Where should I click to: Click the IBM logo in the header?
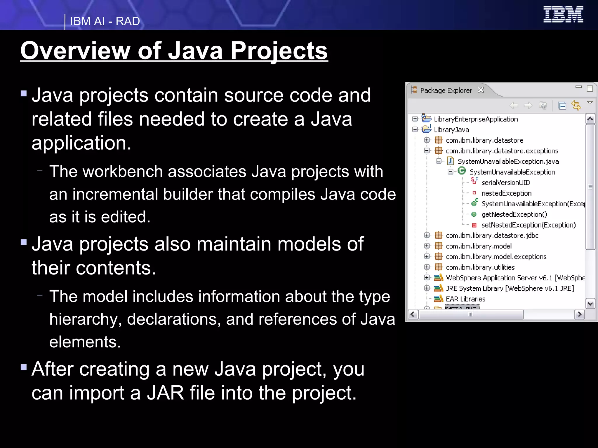coord(563,14)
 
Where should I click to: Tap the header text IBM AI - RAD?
coord(105,21)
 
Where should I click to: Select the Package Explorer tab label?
coord(446,90)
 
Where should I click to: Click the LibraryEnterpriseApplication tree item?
coord(476,119)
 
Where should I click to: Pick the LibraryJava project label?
coord(451,129)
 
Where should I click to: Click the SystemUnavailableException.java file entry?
coord(508,161)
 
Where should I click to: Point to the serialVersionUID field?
coord(506,183)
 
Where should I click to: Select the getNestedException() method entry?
coord(514,214)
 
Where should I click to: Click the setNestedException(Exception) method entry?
coord(529,225)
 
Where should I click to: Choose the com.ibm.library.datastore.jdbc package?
coord(492,235)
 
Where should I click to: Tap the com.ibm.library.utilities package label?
coord(480,267)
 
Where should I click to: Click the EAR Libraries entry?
coord(465,299)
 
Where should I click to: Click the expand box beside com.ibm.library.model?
coord(427,246)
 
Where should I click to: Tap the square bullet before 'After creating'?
coord(24,367)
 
